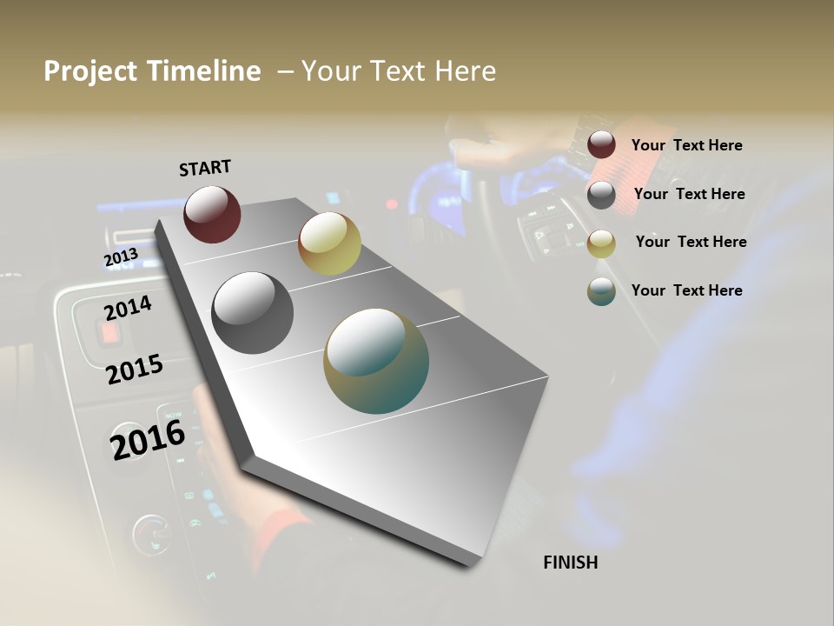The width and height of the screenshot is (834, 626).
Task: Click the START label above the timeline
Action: coord(205,168)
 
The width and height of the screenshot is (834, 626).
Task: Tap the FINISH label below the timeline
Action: coord(571,563)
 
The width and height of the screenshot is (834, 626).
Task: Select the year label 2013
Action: coord(121,257)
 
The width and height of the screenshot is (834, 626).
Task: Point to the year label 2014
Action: coord(128,308)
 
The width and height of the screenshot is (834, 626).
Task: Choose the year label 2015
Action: coord(135,370)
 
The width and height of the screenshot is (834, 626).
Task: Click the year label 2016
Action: coord(148,440)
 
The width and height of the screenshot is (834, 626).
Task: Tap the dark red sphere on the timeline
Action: coord(212,214)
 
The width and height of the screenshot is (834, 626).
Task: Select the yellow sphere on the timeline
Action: coord(329,243)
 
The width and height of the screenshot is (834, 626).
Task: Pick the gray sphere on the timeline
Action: coord(253,313)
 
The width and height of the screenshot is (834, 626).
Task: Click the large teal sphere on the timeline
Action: coord(376,361)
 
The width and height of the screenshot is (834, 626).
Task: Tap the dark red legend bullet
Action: coord(601,145)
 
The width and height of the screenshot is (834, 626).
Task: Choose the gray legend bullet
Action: coord(601,195)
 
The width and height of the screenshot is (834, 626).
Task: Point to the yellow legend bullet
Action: coord(601,243)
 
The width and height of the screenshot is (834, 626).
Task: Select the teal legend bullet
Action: coord(601,291)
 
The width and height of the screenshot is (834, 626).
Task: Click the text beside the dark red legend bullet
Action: coord(687,146)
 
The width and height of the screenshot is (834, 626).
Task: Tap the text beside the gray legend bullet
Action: coord(690,194)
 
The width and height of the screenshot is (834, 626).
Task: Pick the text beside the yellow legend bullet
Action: coord(692,242)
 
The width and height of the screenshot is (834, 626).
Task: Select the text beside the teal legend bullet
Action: coord(687,290)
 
